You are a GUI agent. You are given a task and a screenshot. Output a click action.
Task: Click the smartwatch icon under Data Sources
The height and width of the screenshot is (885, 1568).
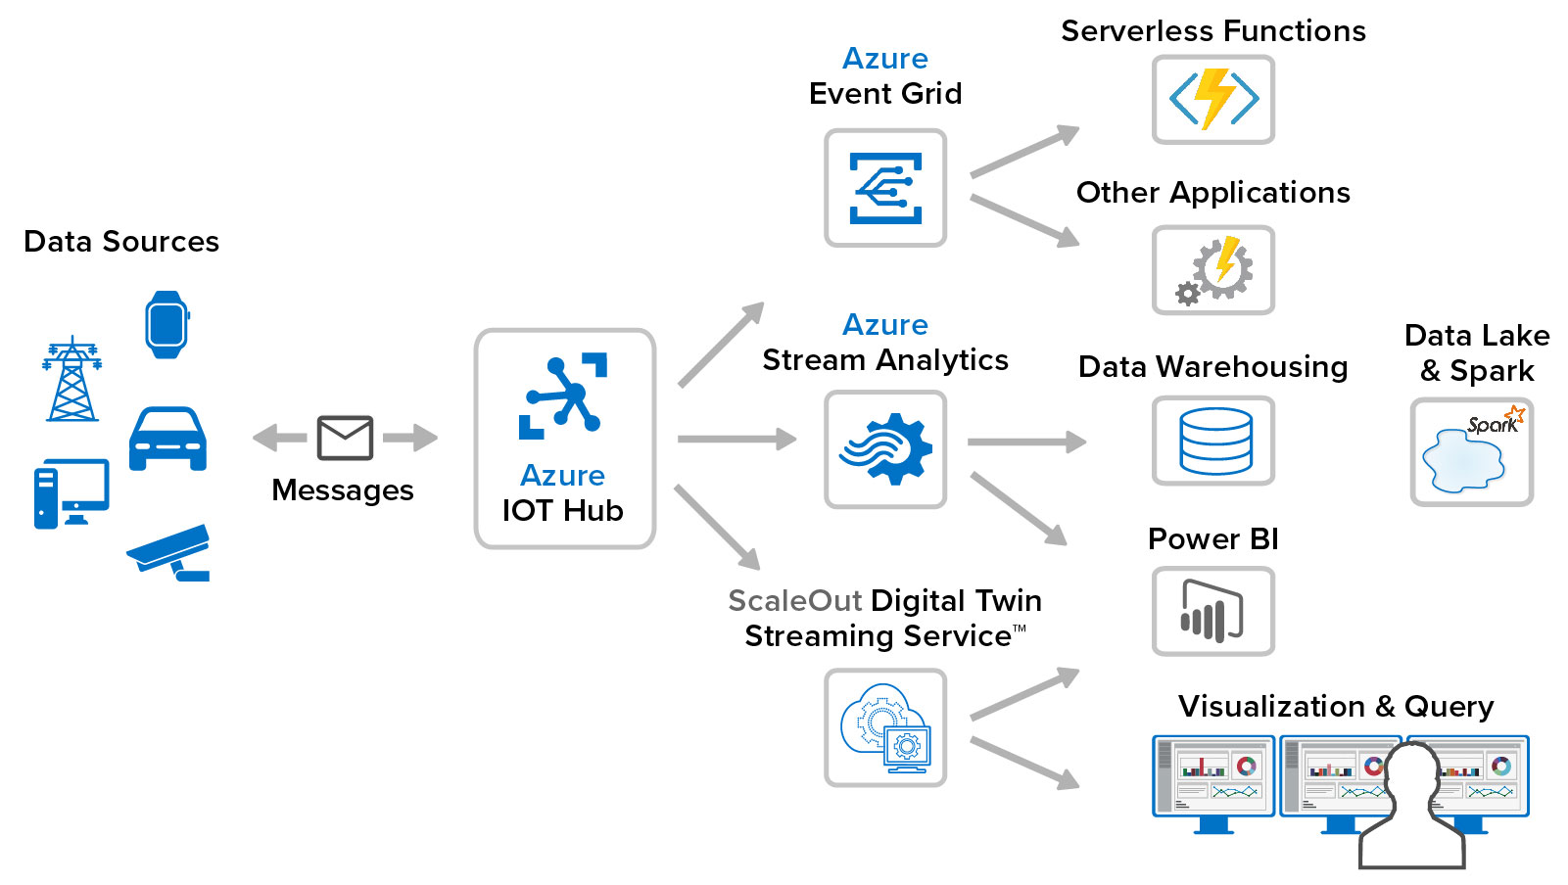(166, 325)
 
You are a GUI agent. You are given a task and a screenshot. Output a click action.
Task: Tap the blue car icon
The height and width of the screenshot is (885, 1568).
(167, 439)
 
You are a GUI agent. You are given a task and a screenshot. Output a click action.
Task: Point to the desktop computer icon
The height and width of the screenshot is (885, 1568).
(71, 493)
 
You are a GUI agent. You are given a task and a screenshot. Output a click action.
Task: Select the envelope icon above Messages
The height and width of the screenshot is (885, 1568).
(345, 438)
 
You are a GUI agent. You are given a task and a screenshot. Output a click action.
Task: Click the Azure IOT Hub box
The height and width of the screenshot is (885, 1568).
(564, 438)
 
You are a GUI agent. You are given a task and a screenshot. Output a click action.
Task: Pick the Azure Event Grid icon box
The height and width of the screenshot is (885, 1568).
(884, 188)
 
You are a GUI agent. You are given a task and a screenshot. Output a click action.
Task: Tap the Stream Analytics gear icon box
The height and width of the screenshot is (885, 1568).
(884, 449)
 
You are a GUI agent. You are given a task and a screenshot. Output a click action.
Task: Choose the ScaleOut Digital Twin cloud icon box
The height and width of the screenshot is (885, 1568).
(884, 727)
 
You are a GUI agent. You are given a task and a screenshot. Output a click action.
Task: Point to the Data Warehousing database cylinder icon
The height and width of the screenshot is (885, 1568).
(1214, 441)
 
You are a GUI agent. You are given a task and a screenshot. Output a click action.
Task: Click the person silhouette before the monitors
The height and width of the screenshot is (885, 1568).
(1411, 813)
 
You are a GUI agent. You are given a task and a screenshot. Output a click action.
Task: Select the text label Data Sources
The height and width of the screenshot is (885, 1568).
(121, 242)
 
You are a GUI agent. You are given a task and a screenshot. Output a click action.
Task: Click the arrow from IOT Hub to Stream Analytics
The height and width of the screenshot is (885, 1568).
(736, 440)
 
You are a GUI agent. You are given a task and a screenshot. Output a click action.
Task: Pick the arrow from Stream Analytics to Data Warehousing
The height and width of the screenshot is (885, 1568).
(1025, 442)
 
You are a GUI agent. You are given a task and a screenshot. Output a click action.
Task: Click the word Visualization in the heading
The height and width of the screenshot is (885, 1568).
(1270, 707)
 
